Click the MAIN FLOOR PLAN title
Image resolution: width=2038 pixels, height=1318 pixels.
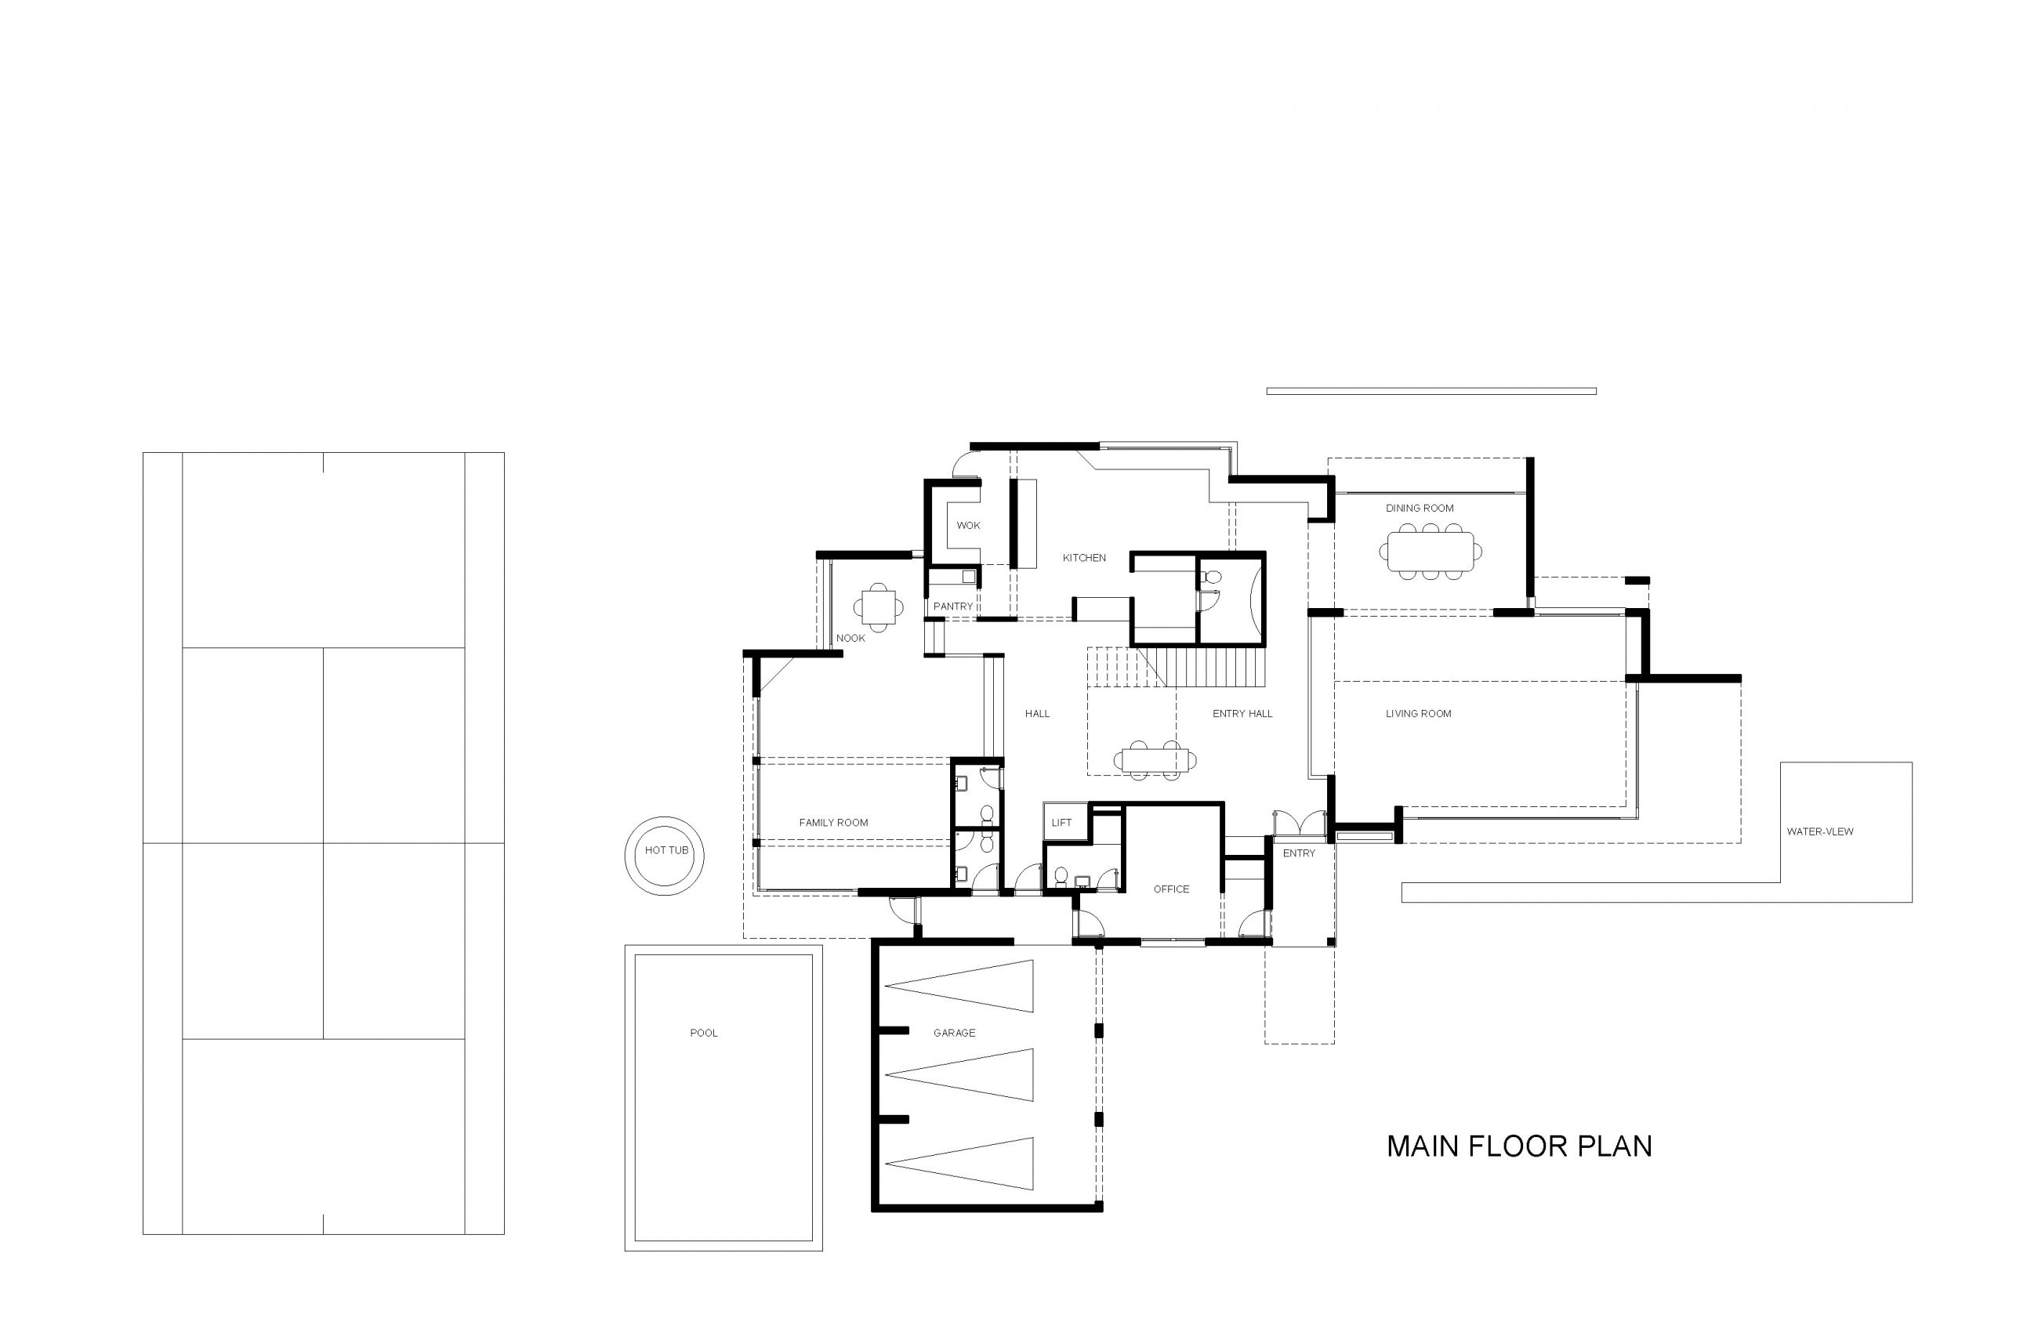click(x=1518, y=1146)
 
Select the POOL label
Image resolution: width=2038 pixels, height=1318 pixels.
click(x=704, y=1033)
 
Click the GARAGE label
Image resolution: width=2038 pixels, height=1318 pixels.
click(x=955, y=1033)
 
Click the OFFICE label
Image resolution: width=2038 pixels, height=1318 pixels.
click(x=1171, y=889)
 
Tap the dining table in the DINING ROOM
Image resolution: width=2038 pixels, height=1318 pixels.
click(x=1431, y=551)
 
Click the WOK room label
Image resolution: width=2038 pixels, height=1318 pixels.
click(x=968, y=526)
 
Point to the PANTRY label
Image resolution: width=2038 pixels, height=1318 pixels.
click(x=952, y=606)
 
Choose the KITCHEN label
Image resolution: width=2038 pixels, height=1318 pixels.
click(x=1085, y=558)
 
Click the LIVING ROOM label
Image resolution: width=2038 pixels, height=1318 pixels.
click(x=1418, y=714)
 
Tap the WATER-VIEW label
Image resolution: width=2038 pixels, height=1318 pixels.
click(x=1820, y=831)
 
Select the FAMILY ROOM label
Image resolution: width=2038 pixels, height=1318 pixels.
click(x=832, y=823)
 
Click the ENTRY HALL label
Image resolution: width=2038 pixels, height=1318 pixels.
click(x=1242, y=714)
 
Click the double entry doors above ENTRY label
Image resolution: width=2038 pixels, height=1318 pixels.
click(x=1300, y=824)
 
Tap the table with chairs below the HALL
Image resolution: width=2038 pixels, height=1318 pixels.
click(x=1155, y=760)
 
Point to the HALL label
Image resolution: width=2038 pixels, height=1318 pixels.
click(x=1036, y=714)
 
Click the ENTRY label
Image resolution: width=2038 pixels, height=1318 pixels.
click(x=1299, y=853)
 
